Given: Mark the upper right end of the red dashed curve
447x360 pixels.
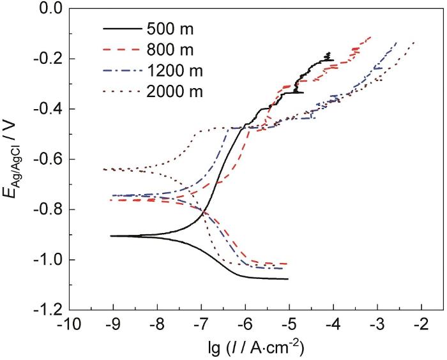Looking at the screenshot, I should [x=371, y=36].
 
